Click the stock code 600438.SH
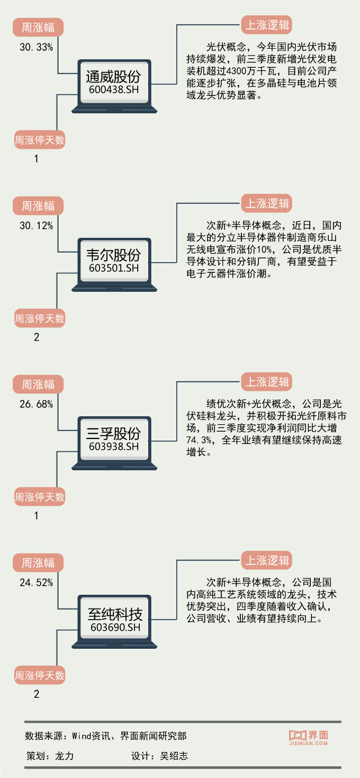pos(114,90)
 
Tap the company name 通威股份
pos(114,76)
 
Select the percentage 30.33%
pos(36,47)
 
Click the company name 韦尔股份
pos(114,255)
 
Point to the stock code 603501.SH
pos(114,269)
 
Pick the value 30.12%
pos(36,226)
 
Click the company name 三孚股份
pos(114,433)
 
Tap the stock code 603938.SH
pos(114,447)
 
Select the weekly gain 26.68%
pos(36,404)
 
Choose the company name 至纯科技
pos(115,613)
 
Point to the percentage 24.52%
pos(36,583)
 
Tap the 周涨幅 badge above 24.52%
pos(38,562)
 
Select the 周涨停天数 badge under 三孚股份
pos(39,497)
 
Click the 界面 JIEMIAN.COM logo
pos(309,738)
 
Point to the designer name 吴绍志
pos(174,756)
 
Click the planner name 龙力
pos(64,756)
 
